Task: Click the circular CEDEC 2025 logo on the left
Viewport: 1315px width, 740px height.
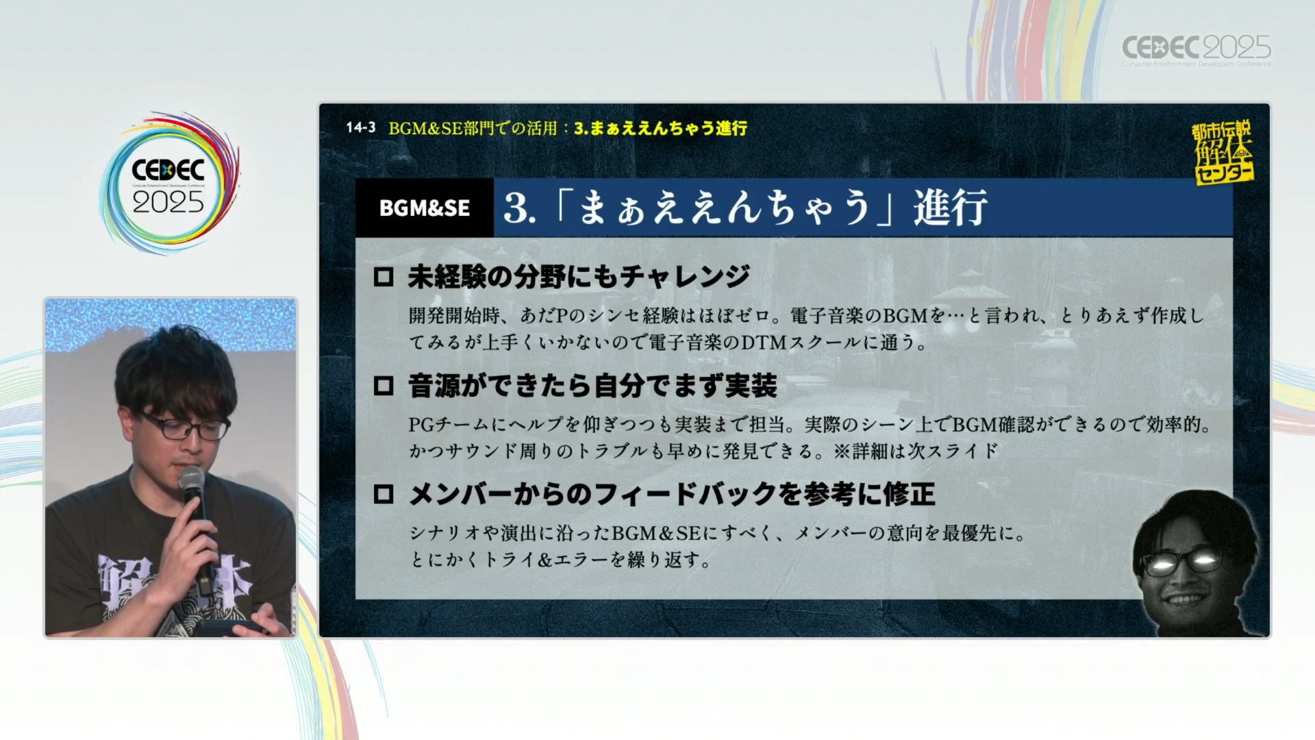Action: [x=168, y=183]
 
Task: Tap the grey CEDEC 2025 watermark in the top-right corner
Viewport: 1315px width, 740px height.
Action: [x=1196, y=50]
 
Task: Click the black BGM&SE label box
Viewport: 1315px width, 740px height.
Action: [x=425, y=208]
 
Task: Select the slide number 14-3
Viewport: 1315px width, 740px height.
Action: [x=360, y=127]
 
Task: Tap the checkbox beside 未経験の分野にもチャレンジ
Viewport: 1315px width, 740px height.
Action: [x=384, y=277]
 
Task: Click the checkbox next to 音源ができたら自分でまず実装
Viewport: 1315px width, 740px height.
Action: [x=384, y=386]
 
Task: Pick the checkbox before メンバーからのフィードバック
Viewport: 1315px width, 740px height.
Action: [x=384, y=494]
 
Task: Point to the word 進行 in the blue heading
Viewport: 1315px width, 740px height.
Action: [x=950, y=207]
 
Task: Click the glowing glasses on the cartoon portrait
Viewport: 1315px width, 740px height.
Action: [x=1181, y=562]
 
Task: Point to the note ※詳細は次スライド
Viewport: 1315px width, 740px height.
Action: [x=916, y=451]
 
